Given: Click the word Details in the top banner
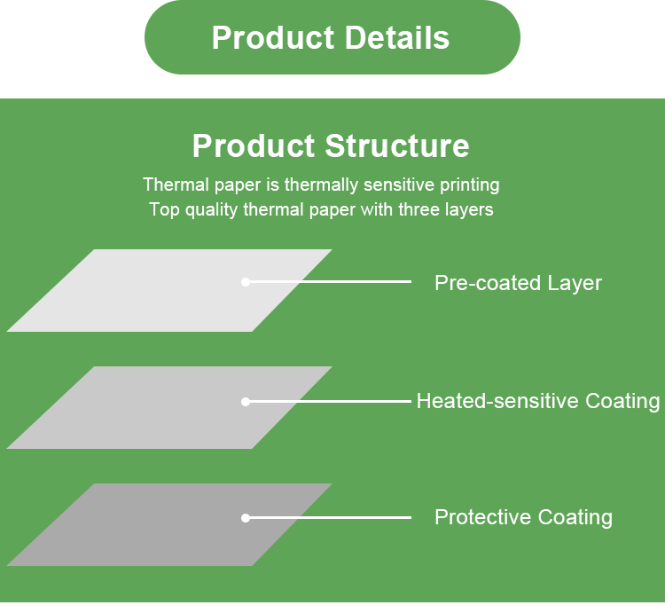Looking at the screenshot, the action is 397,37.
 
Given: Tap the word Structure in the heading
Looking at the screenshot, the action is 397,146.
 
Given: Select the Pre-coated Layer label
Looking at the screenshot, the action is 518,283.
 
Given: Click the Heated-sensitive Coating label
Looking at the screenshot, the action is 538,401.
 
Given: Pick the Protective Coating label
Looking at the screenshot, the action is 523,517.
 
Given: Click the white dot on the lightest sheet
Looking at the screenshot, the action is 245,282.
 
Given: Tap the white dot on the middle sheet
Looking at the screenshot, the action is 245,401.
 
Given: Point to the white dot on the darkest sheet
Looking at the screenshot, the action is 245,517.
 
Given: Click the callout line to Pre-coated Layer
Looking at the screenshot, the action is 328,282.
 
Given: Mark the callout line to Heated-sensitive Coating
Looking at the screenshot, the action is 328,401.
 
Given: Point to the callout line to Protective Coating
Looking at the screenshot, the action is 328,517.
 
